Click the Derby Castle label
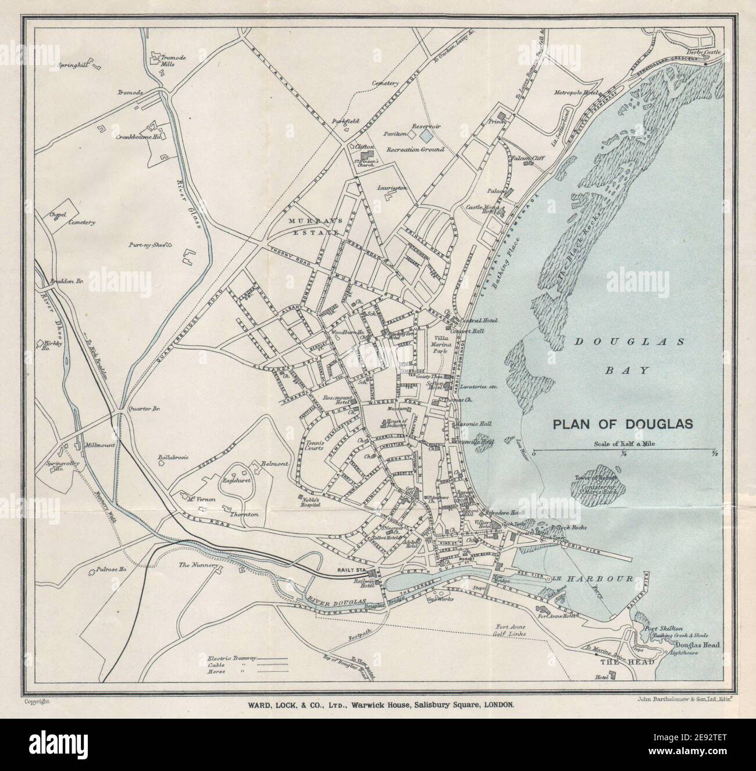tap(703, 52)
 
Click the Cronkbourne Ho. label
tap(138, 138)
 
